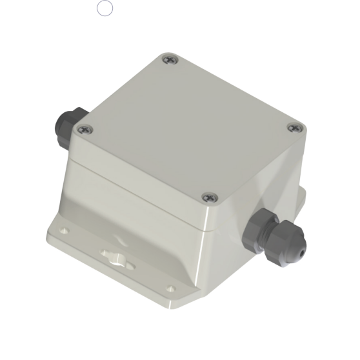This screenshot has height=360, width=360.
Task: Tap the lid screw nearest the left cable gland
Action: click(x=82, y=130)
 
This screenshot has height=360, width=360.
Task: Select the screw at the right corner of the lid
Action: click(x=294, y=128)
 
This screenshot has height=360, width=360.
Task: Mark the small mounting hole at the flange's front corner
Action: click(x=170, y=288)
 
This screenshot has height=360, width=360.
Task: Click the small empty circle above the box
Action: click(x=105, y=8)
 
